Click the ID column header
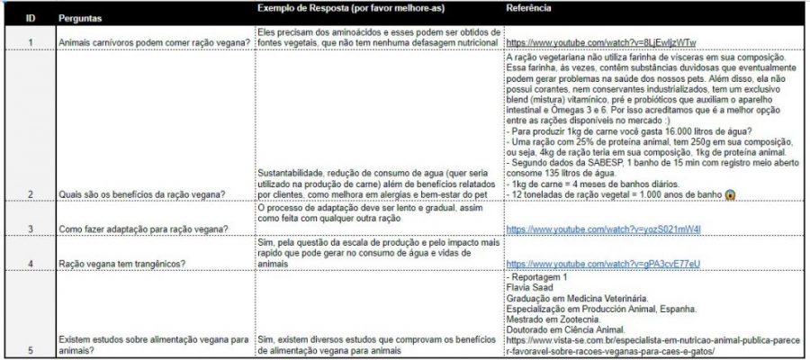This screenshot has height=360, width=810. point(31,18)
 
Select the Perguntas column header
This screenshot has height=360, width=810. point(82,18)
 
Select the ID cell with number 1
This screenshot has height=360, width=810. point(31,41)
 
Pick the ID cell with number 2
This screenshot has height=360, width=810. point(31,193)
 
